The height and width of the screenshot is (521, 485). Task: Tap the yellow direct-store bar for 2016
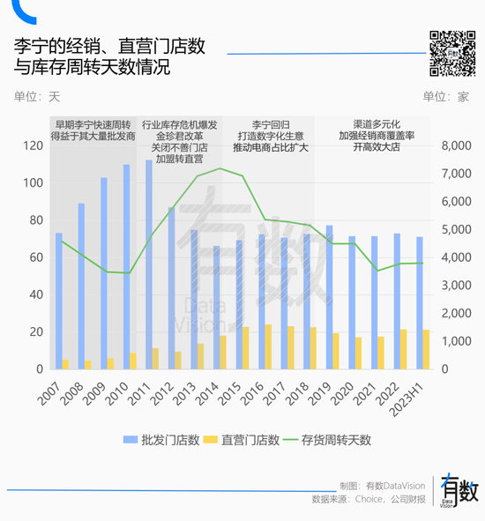pyautogui.click(x=268, y=346)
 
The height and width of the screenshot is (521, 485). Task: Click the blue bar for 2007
pyautogui.click(x=59, y=301)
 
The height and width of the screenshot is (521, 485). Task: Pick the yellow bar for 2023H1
pyautogui.click(x=427, y=349)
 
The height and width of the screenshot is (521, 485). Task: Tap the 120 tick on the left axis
pyautogui.click(x=34, y=146)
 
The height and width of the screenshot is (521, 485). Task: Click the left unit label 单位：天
pyautogui.click(x=37, y=97)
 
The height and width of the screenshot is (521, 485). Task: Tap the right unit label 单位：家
pyautogui.click(x=446, y=97)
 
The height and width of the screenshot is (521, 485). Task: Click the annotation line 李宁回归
pyautogui.click(x=270, y=124)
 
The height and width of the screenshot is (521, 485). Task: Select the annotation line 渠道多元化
pyautogui.click(x=377, y=124)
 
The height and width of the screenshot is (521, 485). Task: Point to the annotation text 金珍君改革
pyautogui.click(x=179, y=137)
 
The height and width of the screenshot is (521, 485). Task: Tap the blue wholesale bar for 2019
pyautogui.click(x=329, y=297)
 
